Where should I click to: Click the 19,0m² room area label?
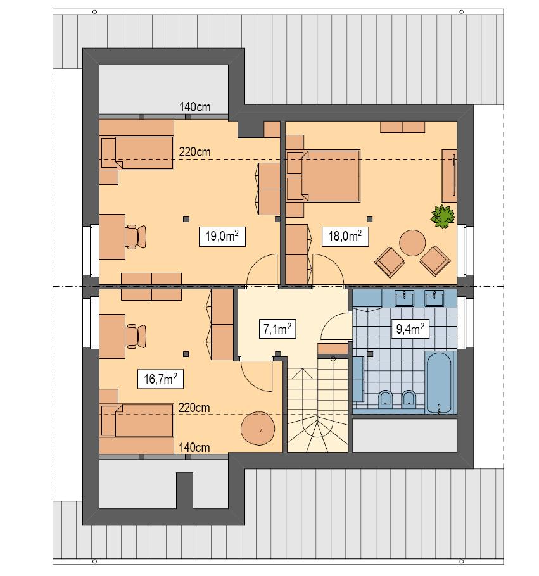point(222,237)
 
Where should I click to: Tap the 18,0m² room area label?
point(345,237)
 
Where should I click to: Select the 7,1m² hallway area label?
point(277,330)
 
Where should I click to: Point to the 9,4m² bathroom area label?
point(409,329)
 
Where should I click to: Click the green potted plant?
point(443,216)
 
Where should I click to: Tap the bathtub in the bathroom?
point(440,382)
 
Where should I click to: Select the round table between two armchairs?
point(412,242)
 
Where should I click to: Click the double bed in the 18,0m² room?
point(324,175)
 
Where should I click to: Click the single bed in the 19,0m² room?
point(137,153)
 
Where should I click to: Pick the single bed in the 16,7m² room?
point(137,421)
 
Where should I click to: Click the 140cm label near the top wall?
point(195,107)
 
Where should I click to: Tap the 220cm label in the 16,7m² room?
point(194,408)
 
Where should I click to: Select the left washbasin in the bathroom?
point(404,298)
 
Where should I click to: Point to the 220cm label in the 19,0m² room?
point(195,152)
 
